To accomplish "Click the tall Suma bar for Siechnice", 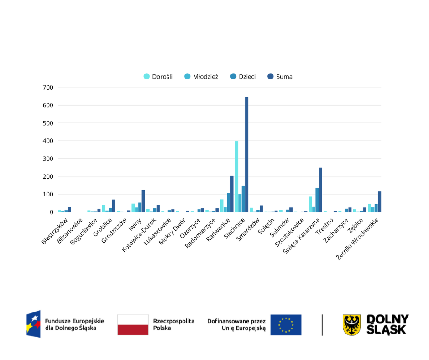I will (x=246, y=155).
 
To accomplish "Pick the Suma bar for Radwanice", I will (x=232, y=194).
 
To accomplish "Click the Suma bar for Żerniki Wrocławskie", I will (x=379, y=202).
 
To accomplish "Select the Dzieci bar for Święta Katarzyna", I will (x=317, y=200).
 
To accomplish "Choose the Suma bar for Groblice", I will (x=114, y=206).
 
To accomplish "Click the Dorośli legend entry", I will (x=158, y=77).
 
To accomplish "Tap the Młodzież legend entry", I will (x=201, y=77).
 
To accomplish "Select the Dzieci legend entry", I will (x=243, y=77).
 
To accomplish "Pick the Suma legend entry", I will (x=280, y=77).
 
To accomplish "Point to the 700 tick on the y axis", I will (x=48, y=87).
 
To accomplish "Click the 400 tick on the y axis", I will (x=48, y=141).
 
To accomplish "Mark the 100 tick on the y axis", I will (x=48, y=194).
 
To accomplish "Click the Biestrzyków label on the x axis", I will (x=55, y=231).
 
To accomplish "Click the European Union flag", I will (x=286, y=325).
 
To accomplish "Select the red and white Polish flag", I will (x=133, y=325).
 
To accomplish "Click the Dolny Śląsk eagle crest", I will (x=351, y=325).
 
